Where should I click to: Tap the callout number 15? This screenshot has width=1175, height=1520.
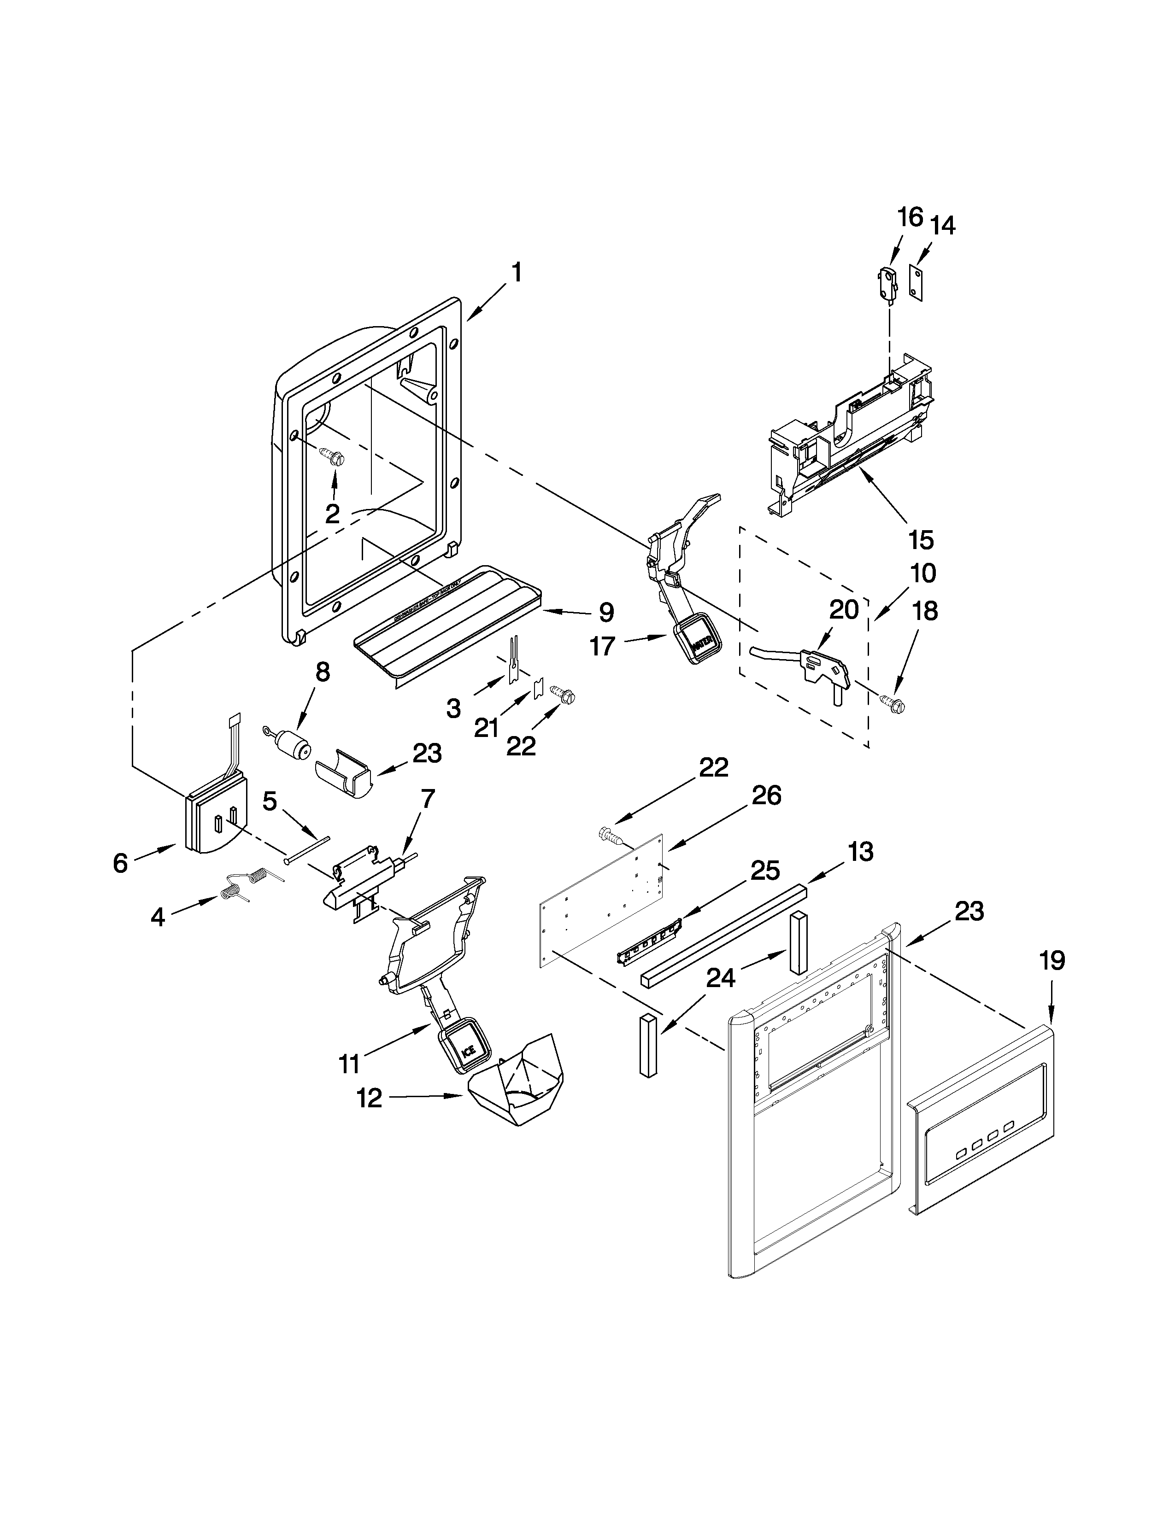920,539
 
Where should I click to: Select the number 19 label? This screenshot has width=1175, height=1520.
1052,961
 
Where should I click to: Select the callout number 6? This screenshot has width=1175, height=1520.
120,864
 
